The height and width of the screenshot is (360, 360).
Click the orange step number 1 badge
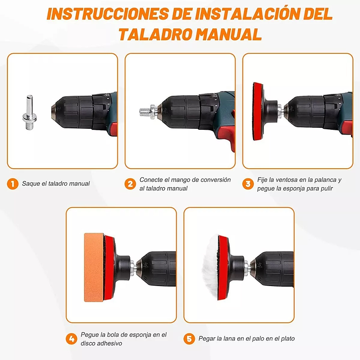click(x=13, y=184)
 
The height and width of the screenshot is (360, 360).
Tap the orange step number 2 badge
click(x=130, y=184)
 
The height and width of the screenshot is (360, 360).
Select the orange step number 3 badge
click(x=248, y=184)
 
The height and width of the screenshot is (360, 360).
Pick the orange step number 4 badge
click(x=72, y=339)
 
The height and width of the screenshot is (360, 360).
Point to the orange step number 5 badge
click(x=189, y=339)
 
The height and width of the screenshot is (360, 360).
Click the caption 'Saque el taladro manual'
click(x=55, y=184)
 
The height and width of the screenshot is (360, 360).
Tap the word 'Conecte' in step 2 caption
click(x=151, y=180)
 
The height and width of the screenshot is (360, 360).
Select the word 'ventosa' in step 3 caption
click(x=288, y=180)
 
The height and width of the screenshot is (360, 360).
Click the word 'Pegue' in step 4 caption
click(x=90, y=334)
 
